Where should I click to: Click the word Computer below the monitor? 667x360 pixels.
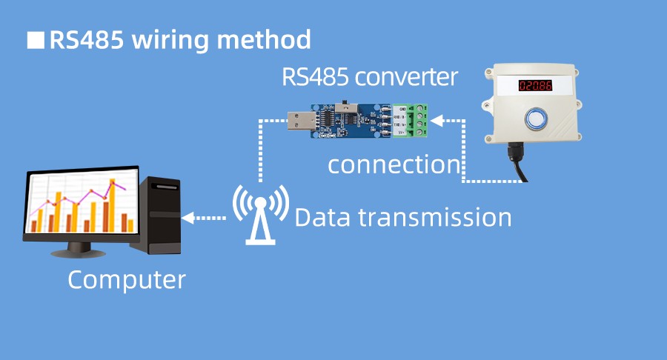pyautogui.click(x=127, y=281)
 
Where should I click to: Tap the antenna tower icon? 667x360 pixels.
pyautogui.click(x=260, y=216)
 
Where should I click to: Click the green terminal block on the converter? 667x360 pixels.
pyautogui.click(x=412, y=121)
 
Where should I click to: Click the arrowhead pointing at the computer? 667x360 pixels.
pyautogui.click(x=188, y=218)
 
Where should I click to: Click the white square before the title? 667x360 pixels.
pyautogui.click(x=35, y=40)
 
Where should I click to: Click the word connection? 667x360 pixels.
pyautogui.click(x=394, y=164)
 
